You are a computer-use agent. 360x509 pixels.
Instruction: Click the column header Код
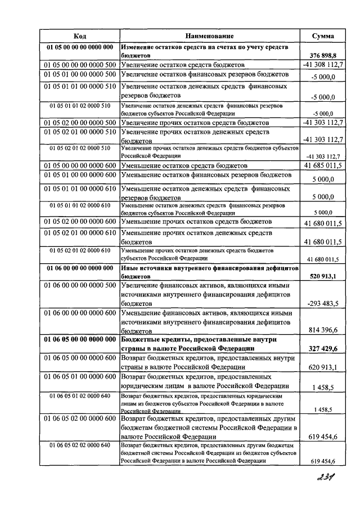[x=79, y=35]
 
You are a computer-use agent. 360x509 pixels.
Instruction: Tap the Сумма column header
[x=323, y=35]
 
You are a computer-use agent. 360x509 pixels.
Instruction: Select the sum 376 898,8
[x=323, y=56]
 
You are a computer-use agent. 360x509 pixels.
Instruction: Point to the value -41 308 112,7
[x=322, y=65]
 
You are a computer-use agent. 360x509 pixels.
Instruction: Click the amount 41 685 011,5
[x=323, y=166]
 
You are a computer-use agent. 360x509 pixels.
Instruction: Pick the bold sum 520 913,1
[x=323, y=277]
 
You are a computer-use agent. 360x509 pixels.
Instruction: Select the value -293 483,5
[x=323, y=304]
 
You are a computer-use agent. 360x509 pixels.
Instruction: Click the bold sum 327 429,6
[x=323, y=349]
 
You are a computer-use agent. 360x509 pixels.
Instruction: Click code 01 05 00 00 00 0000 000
[x=79, y=47]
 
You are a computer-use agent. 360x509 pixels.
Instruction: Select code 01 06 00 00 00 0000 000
[x=79, y=268]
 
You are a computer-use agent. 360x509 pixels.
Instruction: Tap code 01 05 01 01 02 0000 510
[x=79, y=105]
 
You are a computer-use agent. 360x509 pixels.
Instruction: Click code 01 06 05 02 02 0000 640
[x=79, y=445]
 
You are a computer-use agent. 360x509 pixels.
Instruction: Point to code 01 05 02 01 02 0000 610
[x=79, y=250]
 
